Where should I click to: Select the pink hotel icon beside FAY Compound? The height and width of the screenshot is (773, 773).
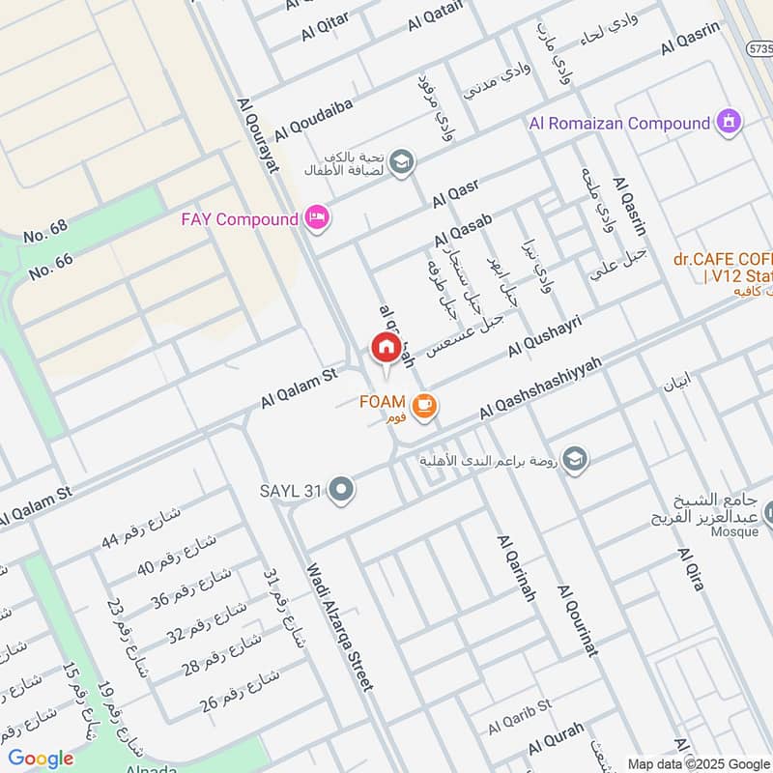(x=315, y=219)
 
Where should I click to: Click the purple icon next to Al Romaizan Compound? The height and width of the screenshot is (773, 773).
(x=728, y=123)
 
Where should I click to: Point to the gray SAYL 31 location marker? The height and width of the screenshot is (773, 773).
(x=340, y=491)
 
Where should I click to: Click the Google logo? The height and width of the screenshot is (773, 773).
(x=41, y=759)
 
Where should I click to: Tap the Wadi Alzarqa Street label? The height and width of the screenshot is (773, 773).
(x=339, y=626)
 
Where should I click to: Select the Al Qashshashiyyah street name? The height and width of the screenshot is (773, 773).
(x=540, y=387)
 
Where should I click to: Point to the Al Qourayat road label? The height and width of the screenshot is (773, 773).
(x=257, y=134)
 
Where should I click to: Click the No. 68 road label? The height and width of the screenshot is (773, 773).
(x=45, y=231)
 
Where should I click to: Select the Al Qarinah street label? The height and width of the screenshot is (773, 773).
(x=516, y=567)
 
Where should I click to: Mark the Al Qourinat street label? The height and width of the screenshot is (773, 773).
(x=577, y=619)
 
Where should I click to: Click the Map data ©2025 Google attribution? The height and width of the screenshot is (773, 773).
(x=699, y=762)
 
